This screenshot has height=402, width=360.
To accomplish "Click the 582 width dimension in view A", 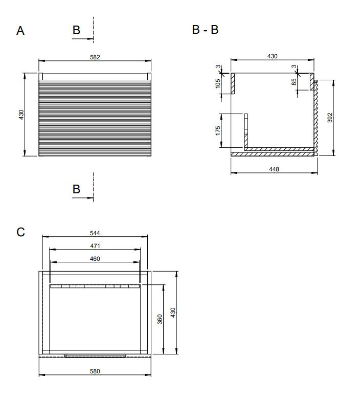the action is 95,57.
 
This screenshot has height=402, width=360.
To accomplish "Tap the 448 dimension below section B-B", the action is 274,169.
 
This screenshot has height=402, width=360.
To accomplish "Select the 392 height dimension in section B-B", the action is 330,118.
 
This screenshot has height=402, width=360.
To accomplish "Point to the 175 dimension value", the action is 218,130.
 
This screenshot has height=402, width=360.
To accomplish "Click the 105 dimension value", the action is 218,83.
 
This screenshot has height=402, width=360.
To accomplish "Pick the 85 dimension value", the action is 294,81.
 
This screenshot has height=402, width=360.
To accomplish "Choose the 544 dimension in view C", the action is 95,233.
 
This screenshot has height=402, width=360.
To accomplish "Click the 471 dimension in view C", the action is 95,246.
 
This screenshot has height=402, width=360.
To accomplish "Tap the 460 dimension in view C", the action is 95,259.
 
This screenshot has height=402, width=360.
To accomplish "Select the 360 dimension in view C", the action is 160,319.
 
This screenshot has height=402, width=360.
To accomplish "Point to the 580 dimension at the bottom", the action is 95,371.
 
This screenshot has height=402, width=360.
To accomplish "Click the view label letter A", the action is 20,31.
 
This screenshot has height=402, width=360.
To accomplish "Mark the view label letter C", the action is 21,232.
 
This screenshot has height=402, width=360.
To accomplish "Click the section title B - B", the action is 206,30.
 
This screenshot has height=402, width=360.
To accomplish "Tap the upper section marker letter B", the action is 76,30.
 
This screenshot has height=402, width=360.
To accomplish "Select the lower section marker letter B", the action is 76,189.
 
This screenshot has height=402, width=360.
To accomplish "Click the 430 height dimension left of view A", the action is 21,115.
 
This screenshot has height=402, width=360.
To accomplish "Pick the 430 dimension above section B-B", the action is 273,56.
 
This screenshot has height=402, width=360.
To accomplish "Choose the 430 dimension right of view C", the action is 173,312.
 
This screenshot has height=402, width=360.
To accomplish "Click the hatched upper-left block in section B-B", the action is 233,83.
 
